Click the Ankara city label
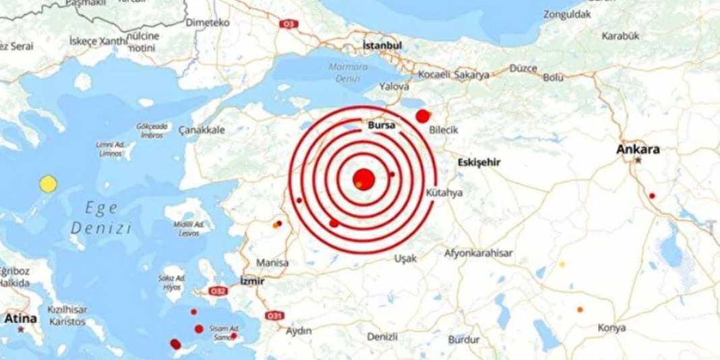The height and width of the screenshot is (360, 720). click(x=638, y=150)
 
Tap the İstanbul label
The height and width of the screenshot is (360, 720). click(x=382, y=46)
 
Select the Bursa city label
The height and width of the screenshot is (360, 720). click(x=381, y=125)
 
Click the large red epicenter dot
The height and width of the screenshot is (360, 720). click(x=363, y=178)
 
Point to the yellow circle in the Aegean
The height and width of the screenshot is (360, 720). click(x=48, y=184)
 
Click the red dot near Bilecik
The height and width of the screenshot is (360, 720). click(x=423, y=116)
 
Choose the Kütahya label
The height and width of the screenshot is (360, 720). click(x=445, y=193)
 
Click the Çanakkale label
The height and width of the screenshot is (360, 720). click(x=202, y=130)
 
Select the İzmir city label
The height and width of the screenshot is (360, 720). click(x=252, y=280)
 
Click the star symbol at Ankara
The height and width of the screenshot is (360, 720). click(x=638, y=161)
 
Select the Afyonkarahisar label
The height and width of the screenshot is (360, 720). click(x=479, y=253)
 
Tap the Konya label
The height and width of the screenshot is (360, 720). click(x=611, y=328)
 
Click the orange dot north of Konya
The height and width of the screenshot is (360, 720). click(x=580, y=310)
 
